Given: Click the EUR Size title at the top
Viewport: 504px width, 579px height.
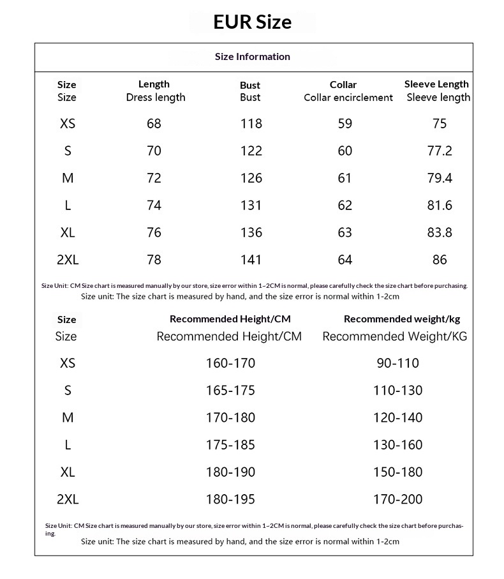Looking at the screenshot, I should pyautogui.click(x=253, y=22).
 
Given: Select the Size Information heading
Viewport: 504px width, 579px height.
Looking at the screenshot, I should pyautogui.click(x=253, y=57).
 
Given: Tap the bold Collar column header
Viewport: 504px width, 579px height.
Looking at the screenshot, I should pyautogui.click(x=343, y=85).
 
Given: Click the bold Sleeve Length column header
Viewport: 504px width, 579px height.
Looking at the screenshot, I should pyautogui.click(x=436, y=84).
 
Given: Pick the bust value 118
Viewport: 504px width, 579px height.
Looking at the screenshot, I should pyautogui.click(x=251, y=124).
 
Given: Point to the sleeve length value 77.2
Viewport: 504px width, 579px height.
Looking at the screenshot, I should pyautogui.click(x=440, y=151).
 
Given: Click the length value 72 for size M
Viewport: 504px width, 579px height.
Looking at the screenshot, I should pyautogui.click(x=154, y=178).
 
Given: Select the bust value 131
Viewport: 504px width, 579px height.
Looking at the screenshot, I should pyautogui.click(x=251, y=206).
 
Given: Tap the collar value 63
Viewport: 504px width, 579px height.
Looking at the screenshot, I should pyautogui.click(x=345, y=233).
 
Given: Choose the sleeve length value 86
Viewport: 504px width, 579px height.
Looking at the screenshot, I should pyautogui.click(x=440, y=260).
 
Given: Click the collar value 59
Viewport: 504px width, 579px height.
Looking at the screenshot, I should pyautogui.click(x=345, y=124).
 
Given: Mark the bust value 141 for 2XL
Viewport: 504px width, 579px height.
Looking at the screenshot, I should pyautogui.click(x=251, y=260).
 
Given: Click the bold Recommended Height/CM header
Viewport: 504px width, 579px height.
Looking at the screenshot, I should pyautogui.click(x=230, y=319).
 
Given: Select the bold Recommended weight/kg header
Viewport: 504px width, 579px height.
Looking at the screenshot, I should pyautogui.click(x=402, y=319).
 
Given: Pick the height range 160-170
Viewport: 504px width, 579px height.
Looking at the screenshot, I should pyautogui.click(x=230, y=363).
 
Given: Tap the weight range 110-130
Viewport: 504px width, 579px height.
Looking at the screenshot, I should pyautogui.click(x=398, y=391).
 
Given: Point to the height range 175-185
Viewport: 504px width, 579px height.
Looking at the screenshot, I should pyautogui.click(x=230, y=445).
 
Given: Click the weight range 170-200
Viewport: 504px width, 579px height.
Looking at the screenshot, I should pyautogui.click(x=398, y=499).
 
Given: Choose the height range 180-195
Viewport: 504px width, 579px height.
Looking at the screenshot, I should pyautogui.click(x=230, y=499).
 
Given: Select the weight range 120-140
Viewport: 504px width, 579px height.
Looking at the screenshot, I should pyautogui.click(x=398, y=417).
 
